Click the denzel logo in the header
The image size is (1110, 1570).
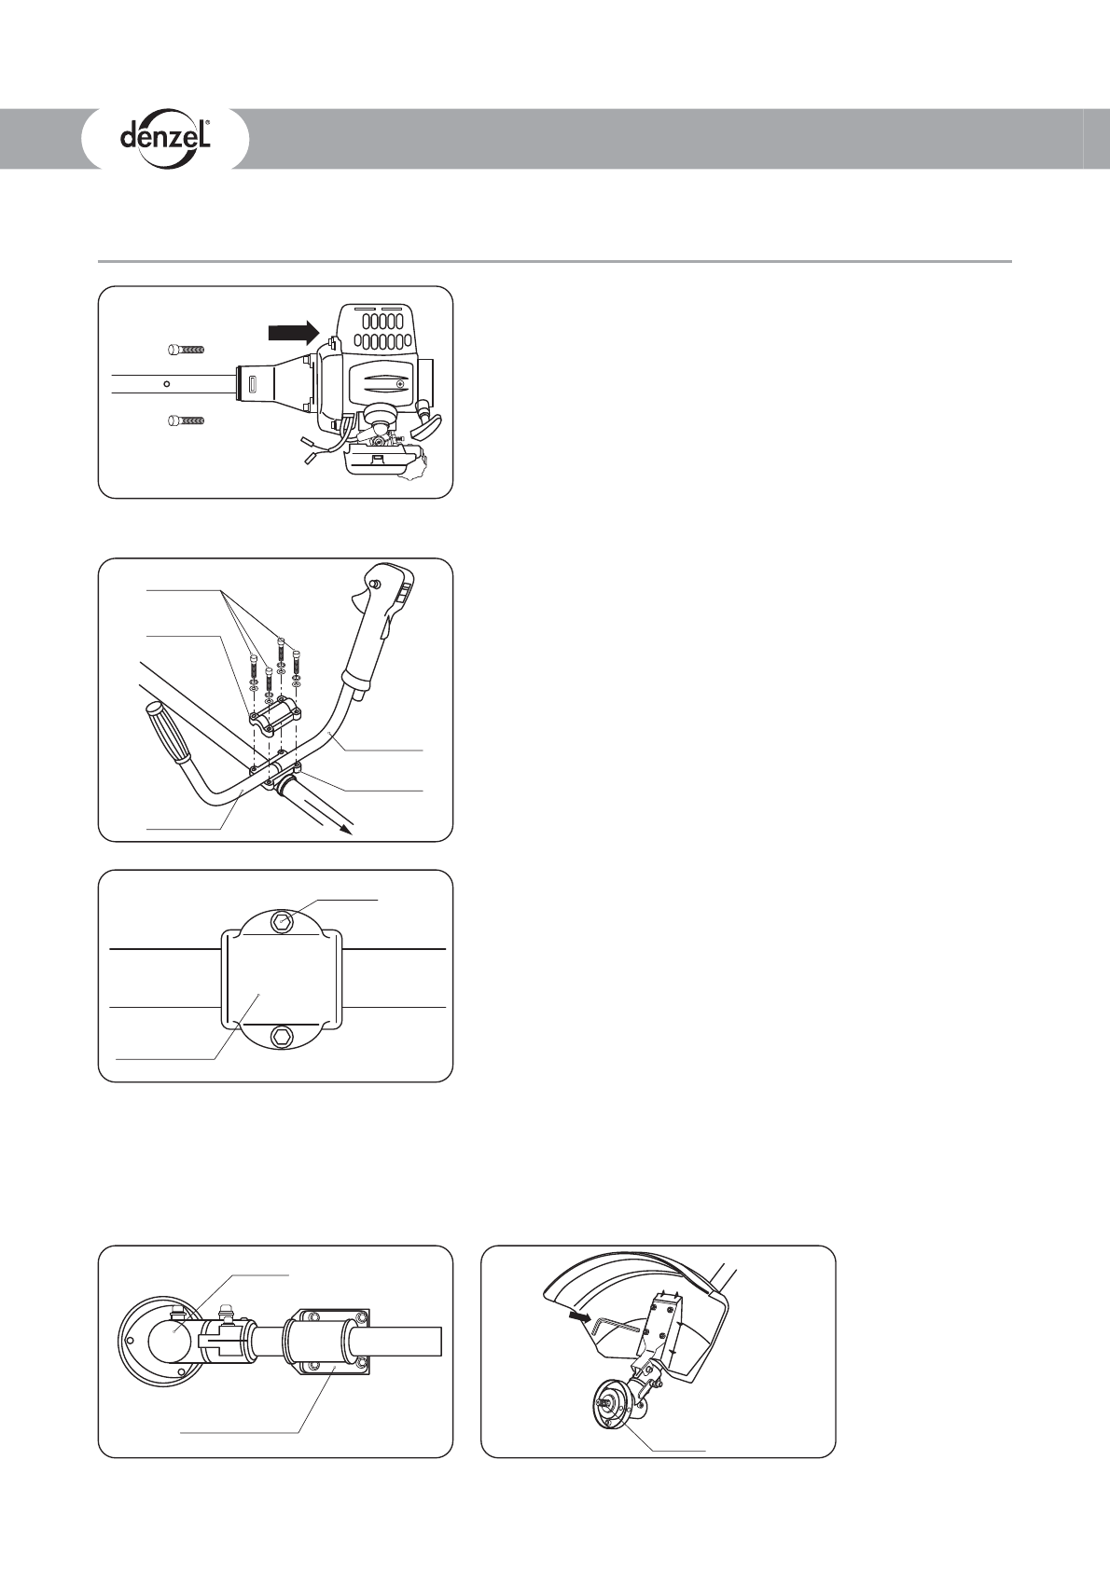(x=165, y=139)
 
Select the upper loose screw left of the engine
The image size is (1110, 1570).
(x=186, y=350)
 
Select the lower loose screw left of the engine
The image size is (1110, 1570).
(x=186, y=420)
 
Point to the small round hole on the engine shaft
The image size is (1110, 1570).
(x=166, y=382)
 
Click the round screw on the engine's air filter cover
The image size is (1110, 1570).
(x=400, y=383)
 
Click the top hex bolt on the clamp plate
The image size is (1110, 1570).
(x=283, y=922)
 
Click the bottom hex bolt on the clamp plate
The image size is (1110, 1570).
(x=283, y=1038)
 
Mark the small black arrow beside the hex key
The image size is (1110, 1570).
(x=579, y=1318)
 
